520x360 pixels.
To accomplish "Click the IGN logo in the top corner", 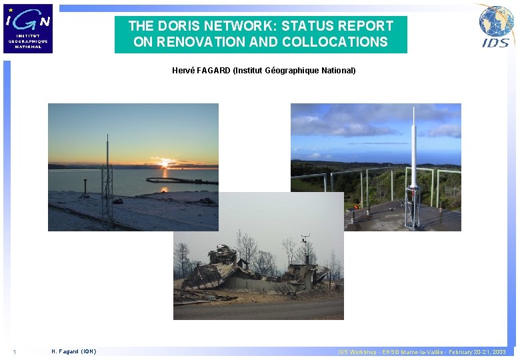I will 29,28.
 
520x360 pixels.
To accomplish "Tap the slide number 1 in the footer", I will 14,352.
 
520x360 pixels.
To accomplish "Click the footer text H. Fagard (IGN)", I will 73,352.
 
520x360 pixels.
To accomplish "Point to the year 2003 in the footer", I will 498,352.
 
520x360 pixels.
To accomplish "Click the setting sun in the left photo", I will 165,163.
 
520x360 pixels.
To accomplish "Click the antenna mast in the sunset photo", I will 107,180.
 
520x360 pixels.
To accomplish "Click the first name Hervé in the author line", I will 183,70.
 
